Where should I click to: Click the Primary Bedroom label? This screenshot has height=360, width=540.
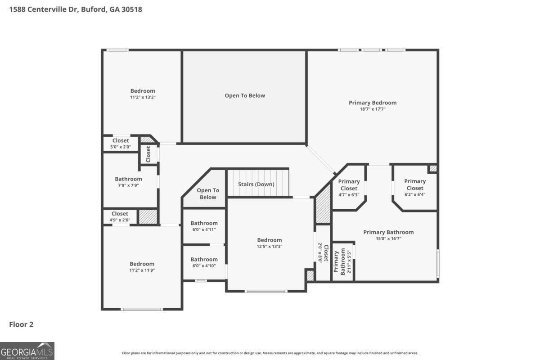(373, 103)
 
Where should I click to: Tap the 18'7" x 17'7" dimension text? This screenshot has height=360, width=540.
(373, 109)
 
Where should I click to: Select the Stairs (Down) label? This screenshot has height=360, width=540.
(256, 184)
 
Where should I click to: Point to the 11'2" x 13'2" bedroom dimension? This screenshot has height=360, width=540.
(143, 97)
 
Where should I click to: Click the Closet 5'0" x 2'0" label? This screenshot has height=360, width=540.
(121, 144)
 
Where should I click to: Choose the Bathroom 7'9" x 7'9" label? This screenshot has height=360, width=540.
(129, 182)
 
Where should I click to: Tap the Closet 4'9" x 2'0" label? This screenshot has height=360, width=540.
(120, 216)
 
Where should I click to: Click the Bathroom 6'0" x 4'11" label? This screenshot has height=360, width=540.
(204, 226)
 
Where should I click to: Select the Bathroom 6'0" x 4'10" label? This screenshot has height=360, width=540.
(204, 262)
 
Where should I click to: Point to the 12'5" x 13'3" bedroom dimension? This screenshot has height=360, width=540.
(270, 247)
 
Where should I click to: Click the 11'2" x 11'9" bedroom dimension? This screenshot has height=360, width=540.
(142, 270)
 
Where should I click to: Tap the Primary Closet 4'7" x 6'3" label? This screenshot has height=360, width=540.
(349, 188)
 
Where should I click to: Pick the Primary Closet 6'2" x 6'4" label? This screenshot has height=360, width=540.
(415, 188)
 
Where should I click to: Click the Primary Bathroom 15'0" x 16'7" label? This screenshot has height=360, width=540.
(388, 235)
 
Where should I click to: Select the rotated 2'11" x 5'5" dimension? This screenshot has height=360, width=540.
(349, 261)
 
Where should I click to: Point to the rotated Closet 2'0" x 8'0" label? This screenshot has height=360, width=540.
(323, 253)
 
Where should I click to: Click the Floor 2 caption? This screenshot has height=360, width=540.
(21, 324)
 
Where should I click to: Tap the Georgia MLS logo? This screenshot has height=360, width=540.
(27, 351)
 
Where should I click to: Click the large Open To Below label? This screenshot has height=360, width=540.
(245, 96)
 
